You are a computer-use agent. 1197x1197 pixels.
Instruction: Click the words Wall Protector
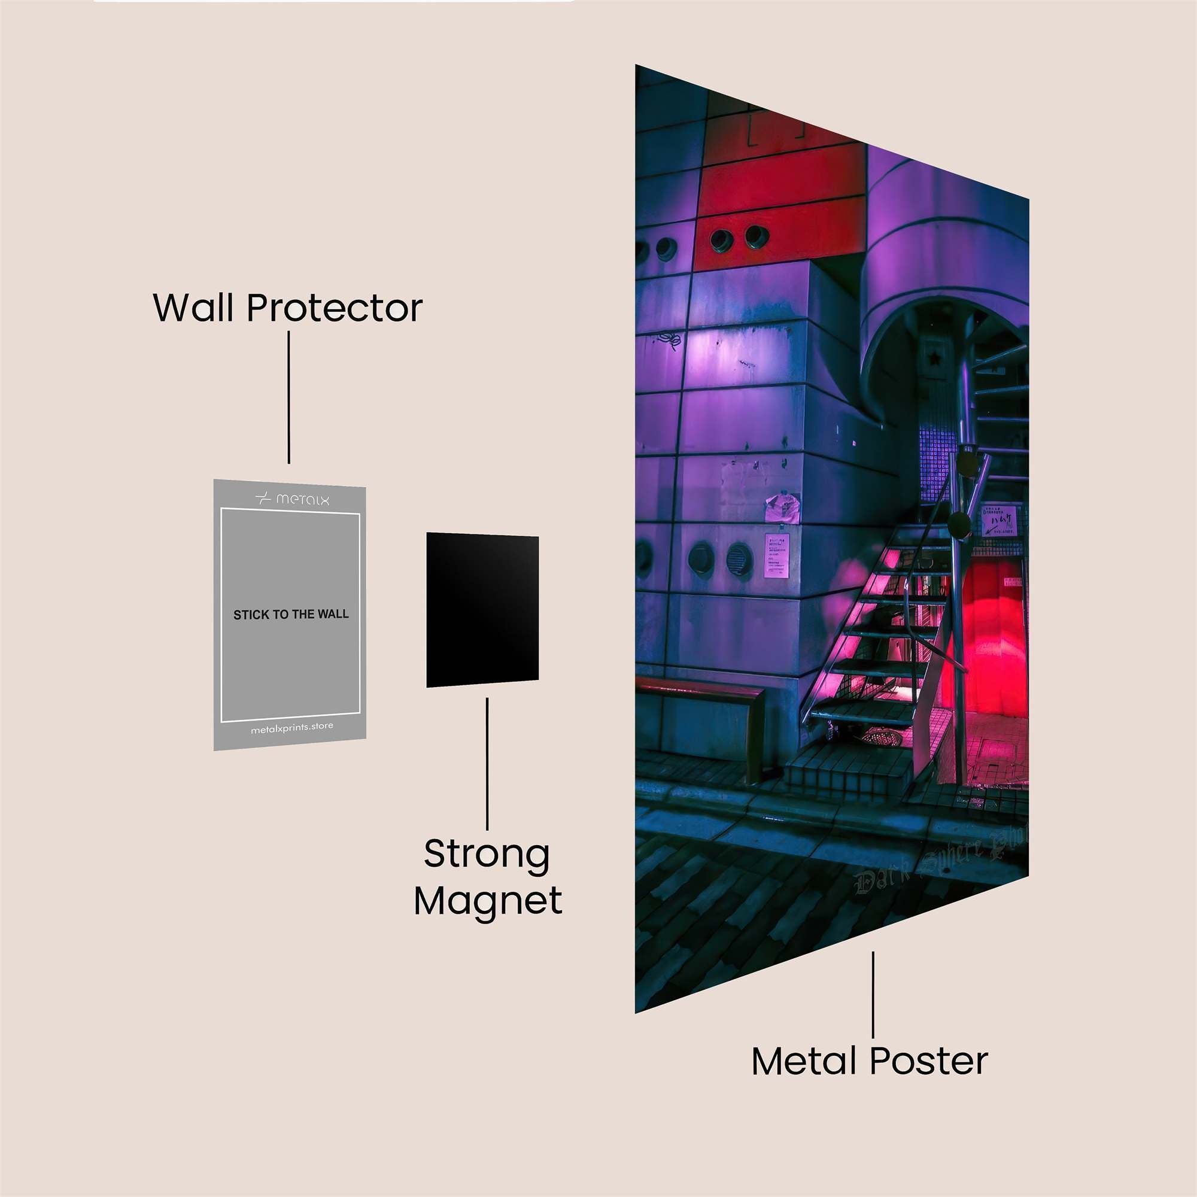tap(287, 307)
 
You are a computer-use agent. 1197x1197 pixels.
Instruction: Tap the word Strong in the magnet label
tap(487, 855)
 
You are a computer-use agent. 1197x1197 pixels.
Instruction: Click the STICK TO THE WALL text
tap(291, 615)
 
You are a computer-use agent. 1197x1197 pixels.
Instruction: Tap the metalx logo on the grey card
tap(293, 499)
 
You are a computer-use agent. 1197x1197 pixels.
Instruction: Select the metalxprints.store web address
tap(292, 728)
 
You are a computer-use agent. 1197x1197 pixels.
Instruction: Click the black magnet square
tap(482, 610)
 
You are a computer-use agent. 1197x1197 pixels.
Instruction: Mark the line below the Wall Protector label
tap(288, 397)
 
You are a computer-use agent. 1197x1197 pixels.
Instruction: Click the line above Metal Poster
tap(873, 994)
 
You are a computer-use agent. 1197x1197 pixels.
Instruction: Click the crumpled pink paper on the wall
tap(782, 507)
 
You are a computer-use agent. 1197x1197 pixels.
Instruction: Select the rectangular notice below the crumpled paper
tap(777, 555)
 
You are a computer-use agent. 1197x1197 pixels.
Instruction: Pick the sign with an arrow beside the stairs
tap(999, 521)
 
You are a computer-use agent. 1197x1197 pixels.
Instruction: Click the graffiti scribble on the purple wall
tap(669, 340)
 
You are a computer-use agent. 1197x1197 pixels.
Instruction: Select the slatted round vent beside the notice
tap(739, 559)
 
